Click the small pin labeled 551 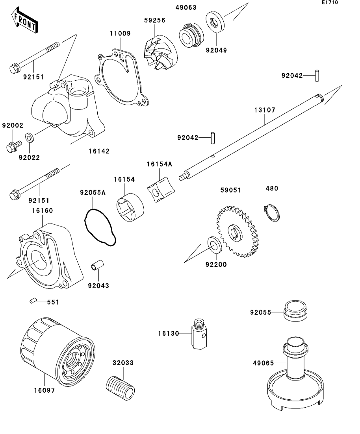[33, 301]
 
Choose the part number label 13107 [265, 110]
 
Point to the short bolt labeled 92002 [13, 146]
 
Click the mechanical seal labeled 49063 [189, 35]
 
